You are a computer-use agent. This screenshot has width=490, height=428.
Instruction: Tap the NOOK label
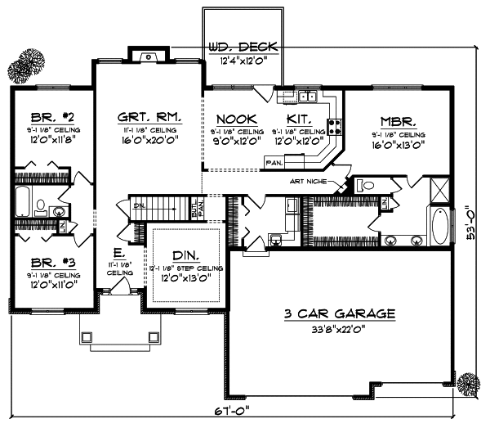click(x=233, y=119)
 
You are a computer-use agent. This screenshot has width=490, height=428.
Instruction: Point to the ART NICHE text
click(x=314, y=182)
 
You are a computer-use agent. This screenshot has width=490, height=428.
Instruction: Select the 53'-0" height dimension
click(x=471, y=222)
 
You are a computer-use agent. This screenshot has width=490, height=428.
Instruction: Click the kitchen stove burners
click(x=334, y=126)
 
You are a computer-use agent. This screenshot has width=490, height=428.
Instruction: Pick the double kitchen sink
click(x=307, y=97)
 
